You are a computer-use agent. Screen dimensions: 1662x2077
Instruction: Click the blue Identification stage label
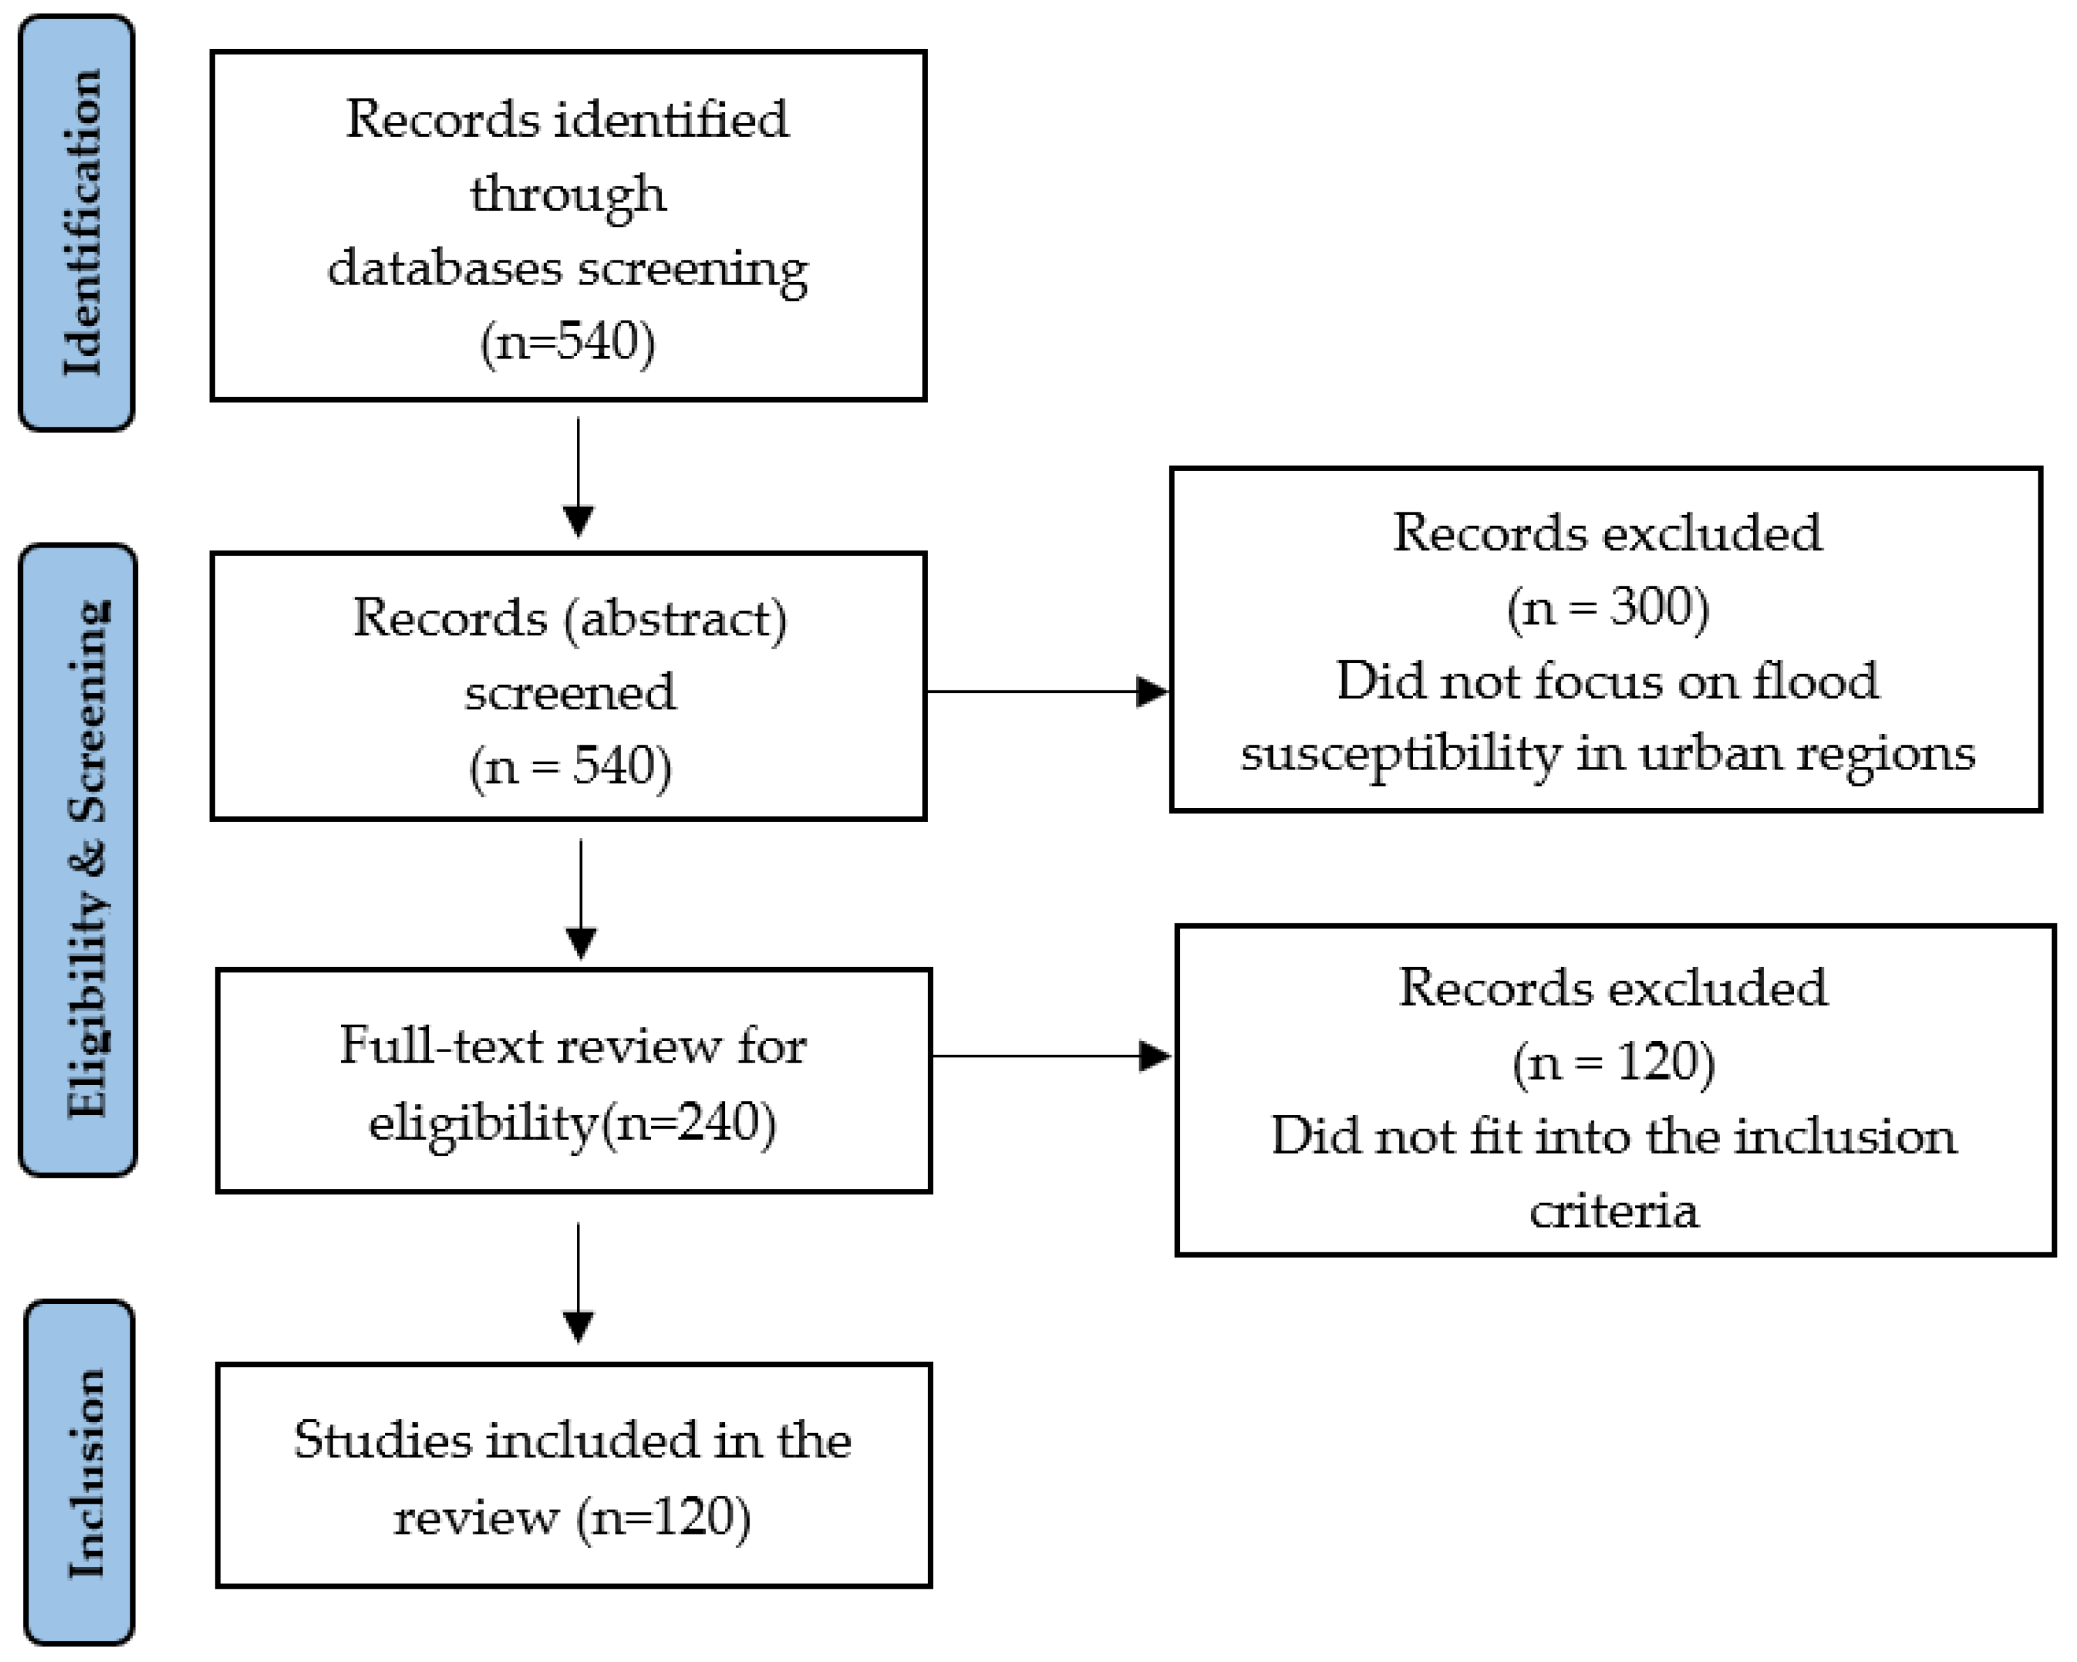77,222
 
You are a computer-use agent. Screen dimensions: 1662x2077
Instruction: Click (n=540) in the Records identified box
568,341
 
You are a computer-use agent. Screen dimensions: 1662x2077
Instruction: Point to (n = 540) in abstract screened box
570,766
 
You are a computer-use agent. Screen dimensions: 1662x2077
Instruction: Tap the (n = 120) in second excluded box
1613,1062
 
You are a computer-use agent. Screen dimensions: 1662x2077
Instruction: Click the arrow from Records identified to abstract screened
578,476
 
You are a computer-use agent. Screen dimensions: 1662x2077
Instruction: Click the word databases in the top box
444,267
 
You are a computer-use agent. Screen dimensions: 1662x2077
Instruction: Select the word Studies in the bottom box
382,1441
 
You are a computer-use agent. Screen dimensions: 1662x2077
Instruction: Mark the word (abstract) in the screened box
675,618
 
